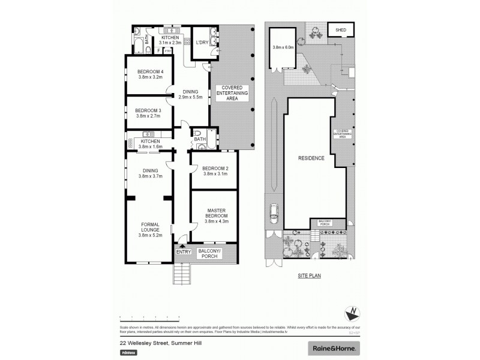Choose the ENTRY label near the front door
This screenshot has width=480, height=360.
(184, 251)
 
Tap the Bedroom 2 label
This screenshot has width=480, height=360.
(214, 168)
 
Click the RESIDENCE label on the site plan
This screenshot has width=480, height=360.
(312, 158)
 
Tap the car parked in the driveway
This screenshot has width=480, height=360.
(274, 212)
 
